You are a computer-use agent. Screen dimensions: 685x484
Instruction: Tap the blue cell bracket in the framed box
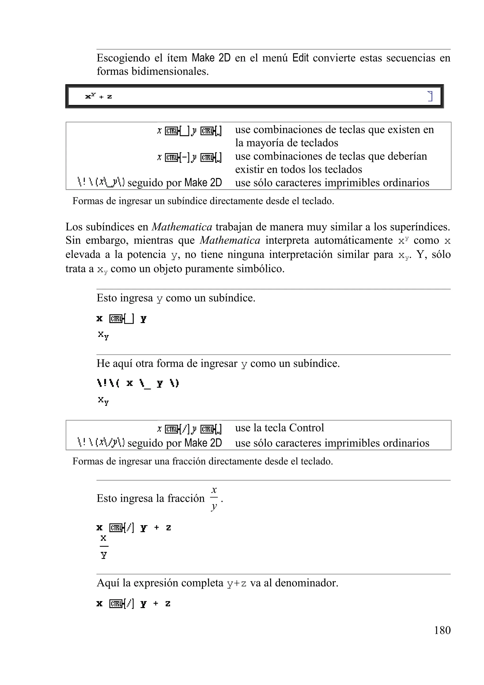point(430,96)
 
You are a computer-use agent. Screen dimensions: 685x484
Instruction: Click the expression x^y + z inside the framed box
point(99,96)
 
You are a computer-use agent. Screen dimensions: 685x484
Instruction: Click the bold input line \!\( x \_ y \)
point(138,383)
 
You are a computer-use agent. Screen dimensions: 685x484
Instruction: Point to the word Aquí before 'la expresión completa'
point(108,583)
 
